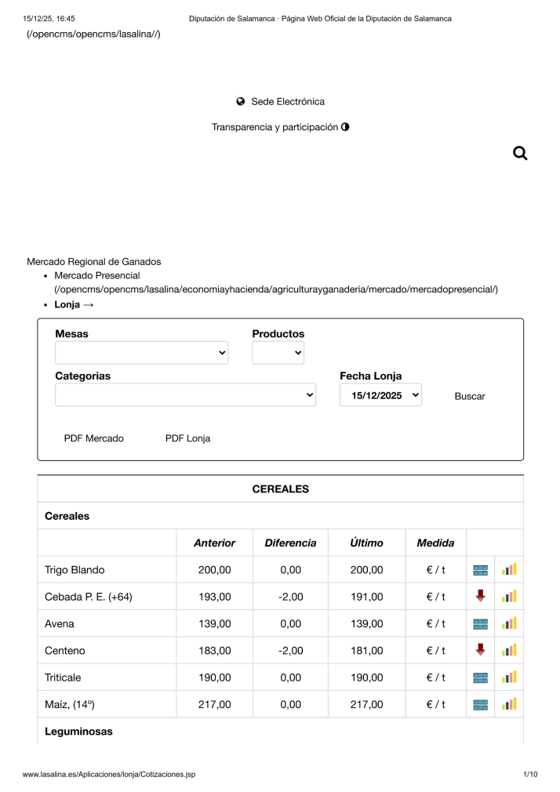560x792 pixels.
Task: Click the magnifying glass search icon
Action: click(x=519, y=153)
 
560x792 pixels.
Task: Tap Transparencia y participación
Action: click(x=280, y=127)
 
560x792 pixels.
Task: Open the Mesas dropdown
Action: click(x=141, y=353)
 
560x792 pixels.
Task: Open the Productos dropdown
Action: click(x=278, y=353)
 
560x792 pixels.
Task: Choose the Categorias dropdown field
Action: click(x=185, y=395)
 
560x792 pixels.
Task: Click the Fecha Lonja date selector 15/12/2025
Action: click(x=380, y=395)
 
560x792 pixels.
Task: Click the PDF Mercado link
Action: click(x=93, y=438)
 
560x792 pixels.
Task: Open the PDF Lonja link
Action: click(x=187, y=438)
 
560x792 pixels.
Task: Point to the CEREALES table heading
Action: click(x=280, y=489)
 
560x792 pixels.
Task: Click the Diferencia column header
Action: click(x=290, y=543)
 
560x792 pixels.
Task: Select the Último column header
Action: click(x=366, y=543)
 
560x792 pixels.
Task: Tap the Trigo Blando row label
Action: click(x=75, y=570)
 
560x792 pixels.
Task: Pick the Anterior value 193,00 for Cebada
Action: click(x=214, y=597)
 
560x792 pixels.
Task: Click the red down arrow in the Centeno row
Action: click(x=481, y=649)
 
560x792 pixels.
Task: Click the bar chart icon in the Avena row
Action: click(x=509, y=623)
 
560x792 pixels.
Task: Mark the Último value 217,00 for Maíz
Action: click(x=366, y=704)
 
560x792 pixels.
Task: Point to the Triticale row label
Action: click(x=63, y=678)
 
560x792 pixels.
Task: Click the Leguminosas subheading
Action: click(x=78, y=732)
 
